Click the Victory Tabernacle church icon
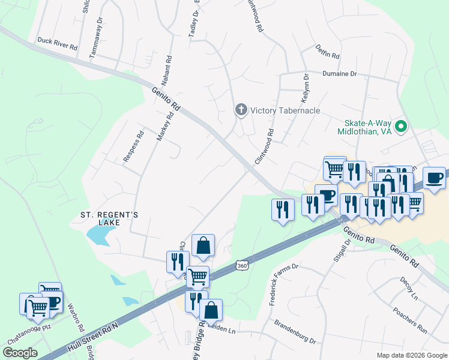coord(241,110)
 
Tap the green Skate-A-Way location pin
coord(403,127)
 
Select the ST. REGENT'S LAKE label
coord(110,218)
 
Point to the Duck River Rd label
coord(58,43)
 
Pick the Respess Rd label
coord(134,146)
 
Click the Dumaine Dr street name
coord(340,73)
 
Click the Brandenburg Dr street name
coord(295,332)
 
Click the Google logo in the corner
coord(20,352)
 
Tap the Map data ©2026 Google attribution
coord(411,355)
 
